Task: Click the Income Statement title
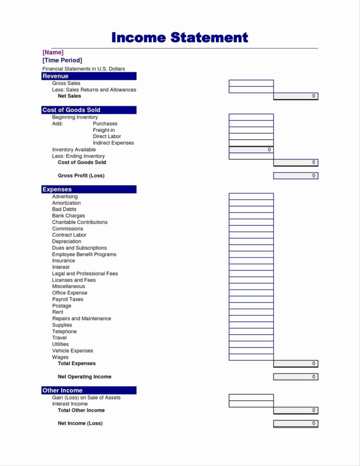pos(180,37)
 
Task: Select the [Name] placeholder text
pos(53,52)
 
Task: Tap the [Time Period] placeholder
pos(62,60)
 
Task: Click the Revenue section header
pos(89,76)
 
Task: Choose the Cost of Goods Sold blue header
pos(89,110)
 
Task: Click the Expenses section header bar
pos(89,189)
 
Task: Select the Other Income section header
pos(89,390)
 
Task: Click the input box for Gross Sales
pos(251,83)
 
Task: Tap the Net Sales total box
pos(296,96)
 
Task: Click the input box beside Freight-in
pos(251,130)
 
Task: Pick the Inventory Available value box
pos(251,150)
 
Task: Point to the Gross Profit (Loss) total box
pos(296,176)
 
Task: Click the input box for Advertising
pos(251,196)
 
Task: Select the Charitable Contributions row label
pos(80,222)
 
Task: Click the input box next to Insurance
pos(251,261)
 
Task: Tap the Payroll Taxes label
pos(68,299)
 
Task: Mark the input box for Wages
pos(251,357)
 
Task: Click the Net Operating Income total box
pos(296,377)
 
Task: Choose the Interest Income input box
pos(251,404)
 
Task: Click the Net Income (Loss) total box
pos(296,423)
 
